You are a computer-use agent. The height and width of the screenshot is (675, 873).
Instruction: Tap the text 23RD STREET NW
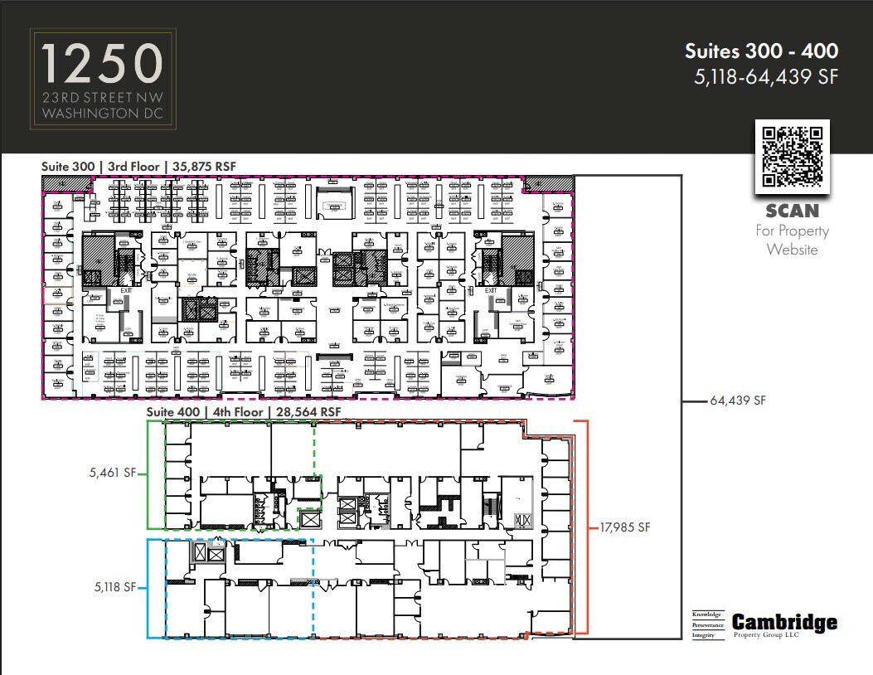(x=103, y=97)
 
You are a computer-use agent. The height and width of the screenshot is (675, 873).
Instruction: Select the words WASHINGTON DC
(x=103, y=112)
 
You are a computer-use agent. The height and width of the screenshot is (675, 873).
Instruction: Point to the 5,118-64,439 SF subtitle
(x=767, y=77)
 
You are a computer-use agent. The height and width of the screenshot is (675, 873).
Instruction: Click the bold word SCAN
(x=792, y=211)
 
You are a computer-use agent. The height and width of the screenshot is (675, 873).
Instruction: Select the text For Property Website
(x=792, y=240)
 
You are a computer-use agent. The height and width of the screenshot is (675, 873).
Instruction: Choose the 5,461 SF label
(x=112, y=474)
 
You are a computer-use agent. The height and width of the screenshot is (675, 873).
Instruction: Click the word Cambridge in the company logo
(x=784, y=623)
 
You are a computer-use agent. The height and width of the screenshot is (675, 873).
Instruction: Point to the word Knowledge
(x=707, y=614)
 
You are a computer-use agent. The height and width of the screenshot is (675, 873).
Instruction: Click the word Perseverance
(x=707, y=624)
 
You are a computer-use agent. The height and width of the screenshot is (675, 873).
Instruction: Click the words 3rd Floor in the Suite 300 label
(x=134, y=166)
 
